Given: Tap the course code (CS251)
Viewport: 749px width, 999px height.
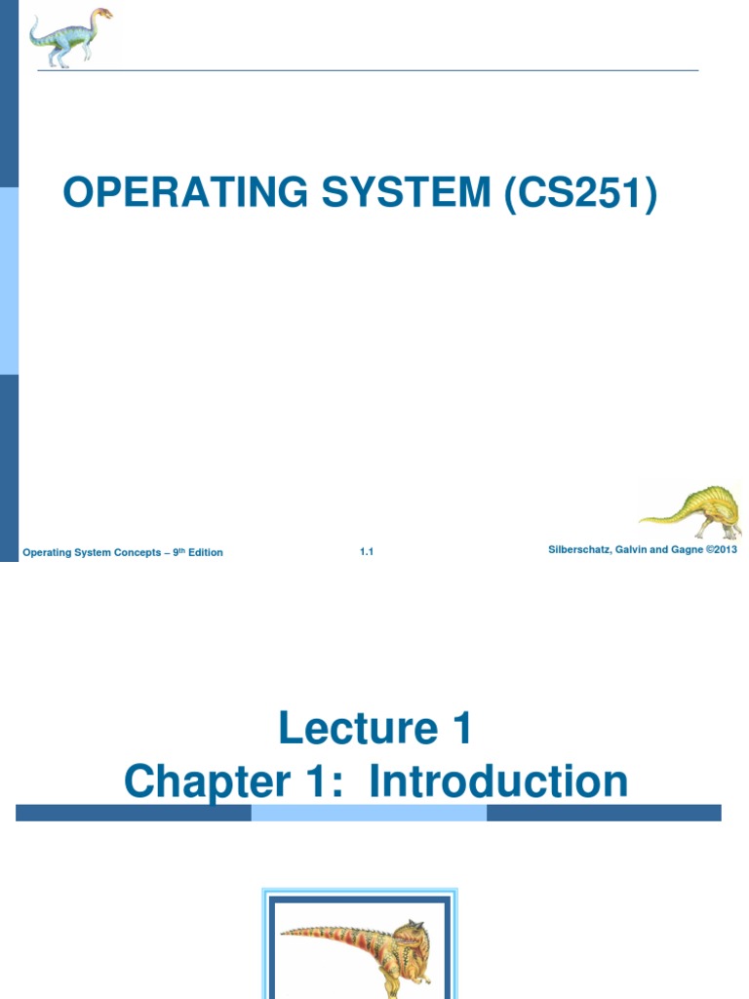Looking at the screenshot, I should click(581, 193).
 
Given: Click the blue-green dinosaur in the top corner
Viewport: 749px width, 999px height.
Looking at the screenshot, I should click(69, 37).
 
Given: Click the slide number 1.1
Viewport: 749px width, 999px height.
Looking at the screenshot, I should click(367, 552).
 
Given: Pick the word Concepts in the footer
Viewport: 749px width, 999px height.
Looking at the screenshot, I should click(134, 552).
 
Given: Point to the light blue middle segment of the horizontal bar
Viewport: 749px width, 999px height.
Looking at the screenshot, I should click(369, 813).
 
